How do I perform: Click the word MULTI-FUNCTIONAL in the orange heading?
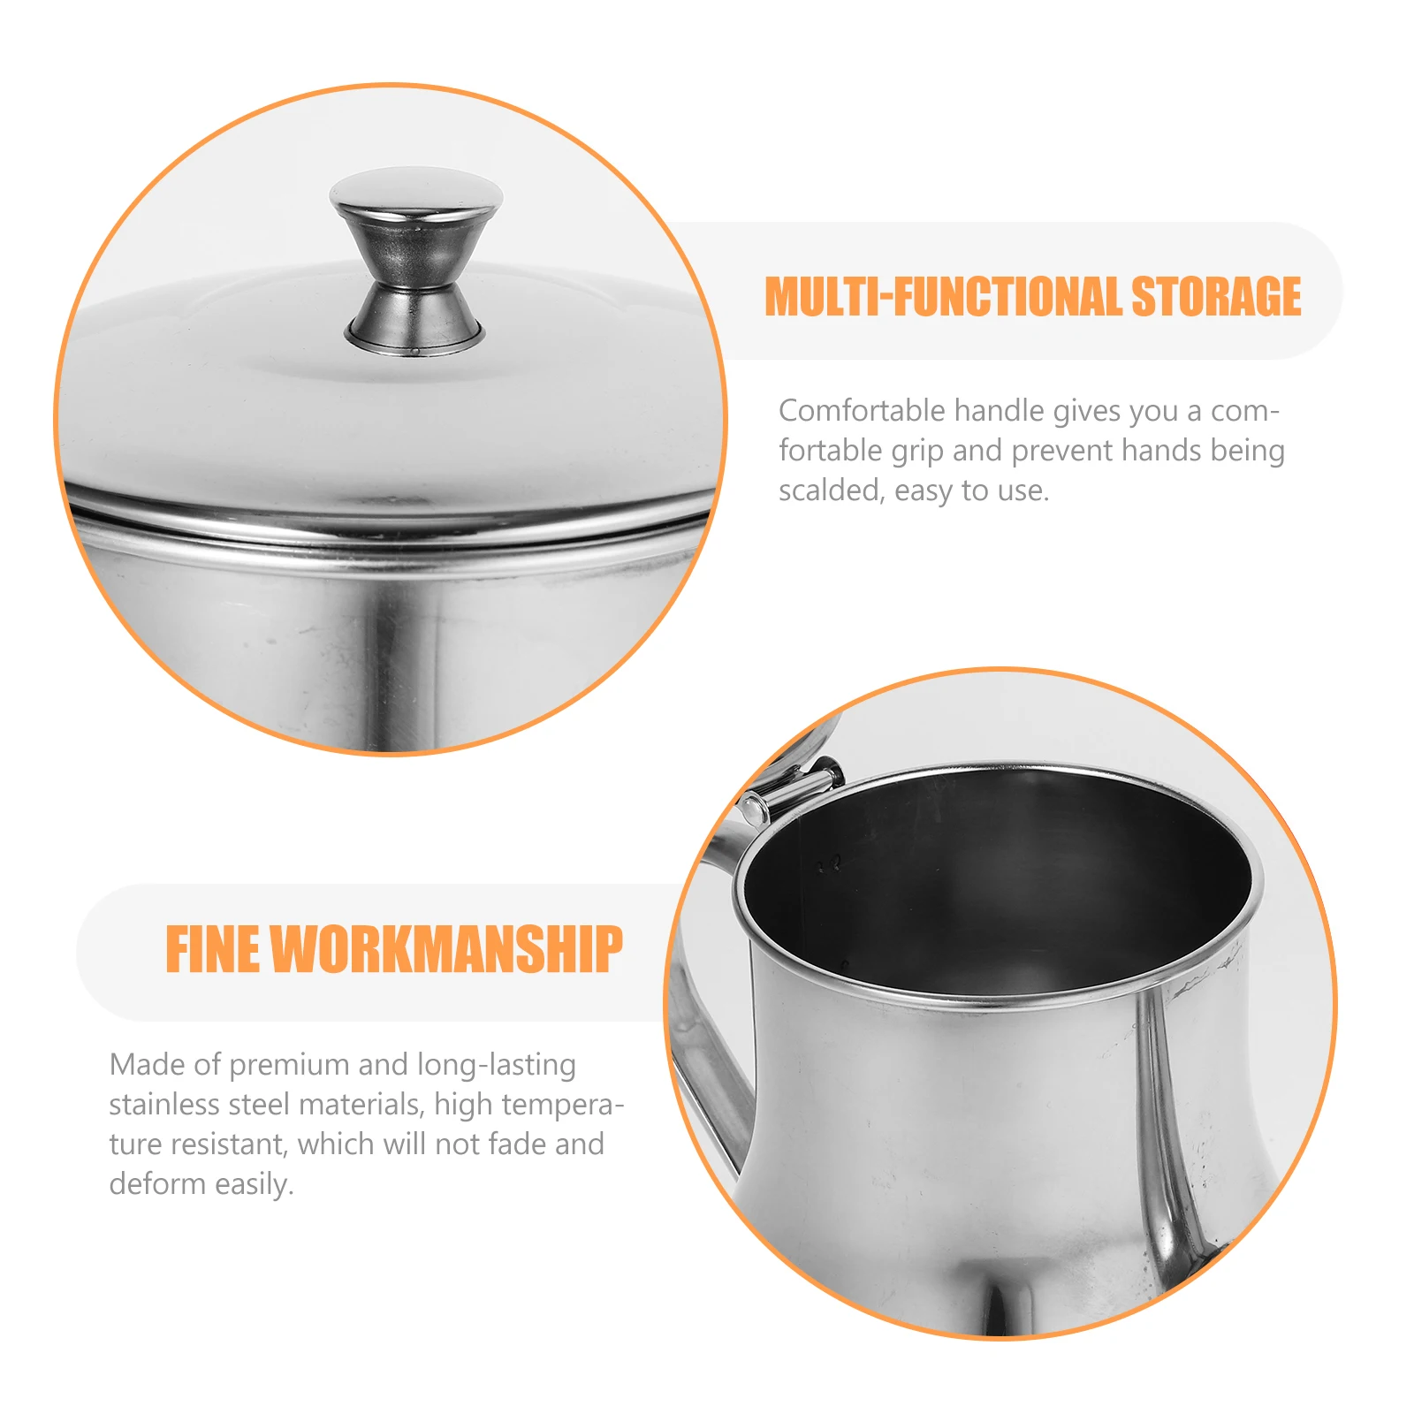click(x=942, y=297)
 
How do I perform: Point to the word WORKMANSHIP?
click(x=446, y=951)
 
